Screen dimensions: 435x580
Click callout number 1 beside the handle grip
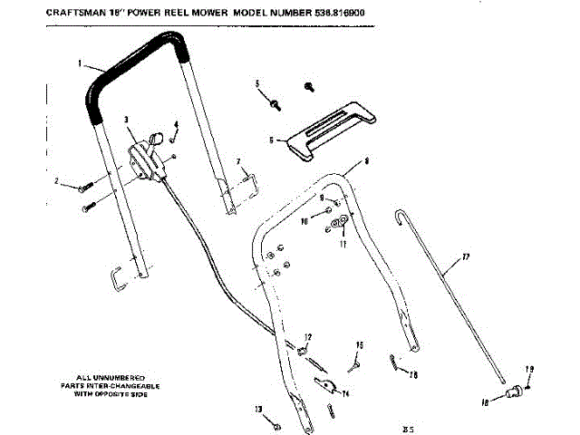point(79,63)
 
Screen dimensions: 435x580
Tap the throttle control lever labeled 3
point(145,158)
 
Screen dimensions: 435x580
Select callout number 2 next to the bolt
point(58,182)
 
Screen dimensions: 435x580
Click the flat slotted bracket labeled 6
point(326,126)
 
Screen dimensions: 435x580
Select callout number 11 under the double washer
point(343,243)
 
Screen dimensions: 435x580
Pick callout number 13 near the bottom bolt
point(258,408)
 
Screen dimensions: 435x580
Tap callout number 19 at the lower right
point(531,370)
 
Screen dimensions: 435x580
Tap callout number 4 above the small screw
point(176,123)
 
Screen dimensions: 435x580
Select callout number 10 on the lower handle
point(304,220)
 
